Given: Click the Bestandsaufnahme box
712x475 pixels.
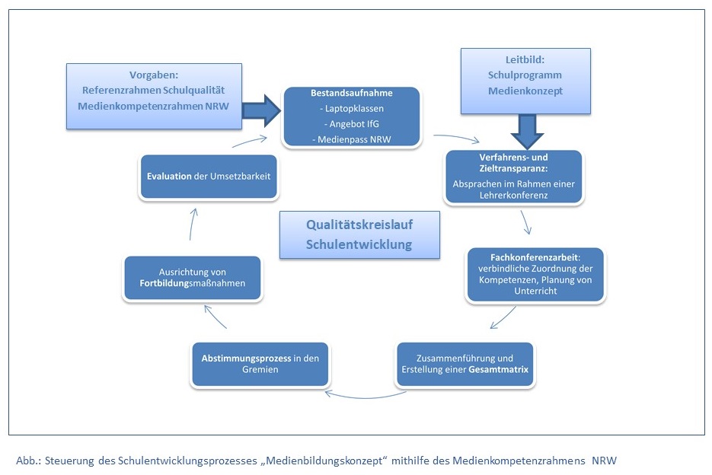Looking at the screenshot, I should (x=350, y=116).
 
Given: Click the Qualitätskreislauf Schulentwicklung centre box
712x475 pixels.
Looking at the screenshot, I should (x=359, y=234).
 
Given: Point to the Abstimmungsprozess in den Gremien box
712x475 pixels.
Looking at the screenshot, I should (x=259, y=363).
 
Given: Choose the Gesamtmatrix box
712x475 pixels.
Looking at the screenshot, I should (x=465, y=364).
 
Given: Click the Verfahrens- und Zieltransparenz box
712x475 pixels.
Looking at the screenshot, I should (x=513, y=177).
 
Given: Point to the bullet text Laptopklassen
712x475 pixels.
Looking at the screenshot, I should (x=351, y=109).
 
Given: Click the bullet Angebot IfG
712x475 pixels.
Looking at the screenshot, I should (x=351, y=123).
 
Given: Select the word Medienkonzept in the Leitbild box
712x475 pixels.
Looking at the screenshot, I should (x=525, y=91).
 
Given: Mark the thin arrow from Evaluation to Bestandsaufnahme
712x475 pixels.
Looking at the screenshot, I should (x=251, y=141).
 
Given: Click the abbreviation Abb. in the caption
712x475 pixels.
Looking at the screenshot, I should (x=25, y=461).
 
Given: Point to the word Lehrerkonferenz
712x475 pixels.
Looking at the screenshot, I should (x=513, y=195).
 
